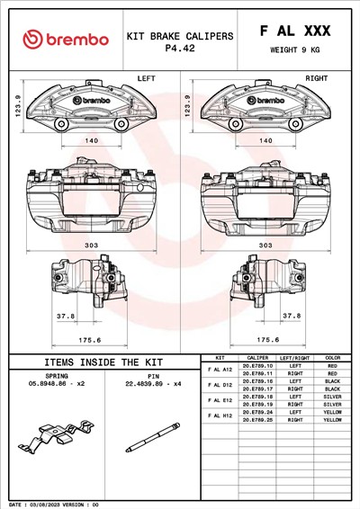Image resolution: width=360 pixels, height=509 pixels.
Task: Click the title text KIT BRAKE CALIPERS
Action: pyautogui.click(x=180, y=36)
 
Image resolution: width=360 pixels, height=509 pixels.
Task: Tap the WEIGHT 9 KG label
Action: pyautogui.click(x=294, y=50)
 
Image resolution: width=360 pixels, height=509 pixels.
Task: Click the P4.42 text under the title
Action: pyautogui.click(x=180, y=49)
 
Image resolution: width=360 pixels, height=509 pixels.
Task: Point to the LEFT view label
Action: pyautogui.click(x=146, y=79)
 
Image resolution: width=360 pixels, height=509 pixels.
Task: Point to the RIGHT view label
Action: pyautogui.click(x=316, y=79)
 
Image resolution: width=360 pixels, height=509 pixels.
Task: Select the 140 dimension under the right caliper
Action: pyautogui.click(x=265, y=141)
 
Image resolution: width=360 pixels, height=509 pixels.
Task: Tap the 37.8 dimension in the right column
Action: pyautogui.click(x=291, y=316)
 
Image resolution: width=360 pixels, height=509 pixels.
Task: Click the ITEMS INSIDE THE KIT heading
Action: pyautogui.click(x=103, y=362)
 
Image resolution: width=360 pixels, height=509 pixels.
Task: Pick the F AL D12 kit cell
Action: pyautogui.click(x=220, y=384)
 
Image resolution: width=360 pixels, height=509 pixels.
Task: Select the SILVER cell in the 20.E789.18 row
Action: pyautogui.click(x=332, y=396)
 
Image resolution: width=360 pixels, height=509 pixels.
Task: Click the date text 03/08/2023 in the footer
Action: pyautogui.click(x=51, y=504)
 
